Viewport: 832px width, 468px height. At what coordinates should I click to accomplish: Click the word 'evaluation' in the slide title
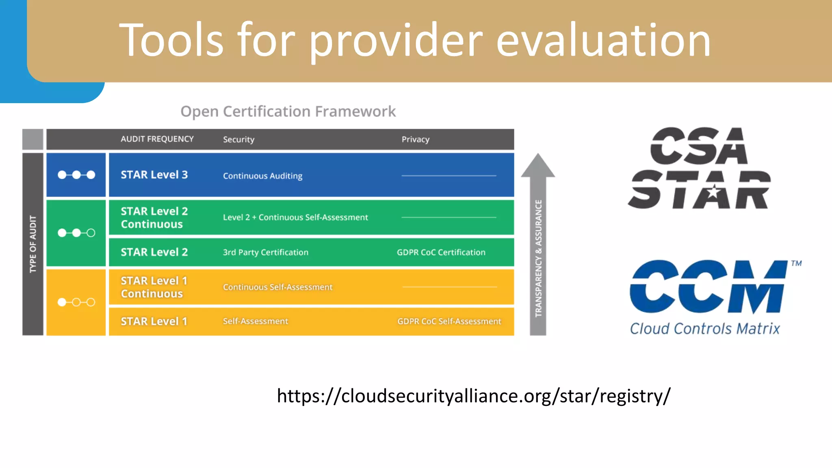click(603, 41)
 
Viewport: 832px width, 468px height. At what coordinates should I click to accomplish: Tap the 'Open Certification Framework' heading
click(288, 111)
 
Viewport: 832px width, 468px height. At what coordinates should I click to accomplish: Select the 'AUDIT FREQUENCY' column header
click(157, 139)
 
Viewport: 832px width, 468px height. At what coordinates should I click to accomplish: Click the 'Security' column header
click(238, 139)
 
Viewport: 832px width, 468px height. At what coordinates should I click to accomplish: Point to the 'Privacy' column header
click(415, 139)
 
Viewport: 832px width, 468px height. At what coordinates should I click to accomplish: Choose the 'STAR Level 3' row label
click(154, 175)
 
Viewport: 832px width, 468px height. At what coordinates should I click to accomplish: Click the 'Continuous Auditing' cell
click(262, 176)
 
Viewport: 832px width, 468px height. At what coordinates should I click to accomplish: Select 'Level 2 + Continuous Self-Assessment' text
click(295, 217)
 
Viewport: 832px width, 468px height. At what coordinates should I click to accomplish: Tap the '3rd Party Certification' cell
click(265, 252)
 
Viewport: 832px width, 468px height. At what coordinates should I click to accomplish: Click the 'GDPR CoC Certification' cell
click(441, 252)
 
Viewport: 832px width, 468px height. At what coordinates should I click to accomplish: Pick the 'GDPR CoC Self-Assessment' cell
click(449, 321)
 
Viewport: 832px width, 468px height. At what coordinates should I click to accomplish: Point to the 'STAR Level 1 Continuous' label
click(154, 287)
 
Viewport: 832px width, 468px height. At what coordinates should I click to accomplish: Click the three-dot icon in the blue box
click(76, 175)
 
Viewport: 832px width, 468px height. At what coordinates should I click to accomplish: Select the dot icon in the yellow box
click(76, 302)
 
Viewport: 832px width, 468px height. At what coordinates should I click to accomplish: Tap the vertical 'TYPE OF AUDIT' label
click(33, 244)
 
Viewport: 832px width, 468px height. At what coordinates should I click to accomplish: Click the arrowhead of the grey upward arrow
click(538, 167)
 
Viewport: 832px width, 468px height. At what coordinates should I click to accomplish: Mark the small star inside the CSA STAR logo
click(714, 191)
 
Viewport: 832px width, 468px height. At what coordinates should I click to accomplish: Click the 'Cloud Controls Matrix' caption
click(705, 328)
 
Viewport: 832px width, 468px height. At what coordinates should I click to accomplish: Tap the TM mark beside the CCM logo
click(796, 263)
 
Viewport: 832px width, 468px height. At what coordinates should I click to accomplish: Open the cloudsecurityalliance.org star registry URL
click(473, 396)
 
